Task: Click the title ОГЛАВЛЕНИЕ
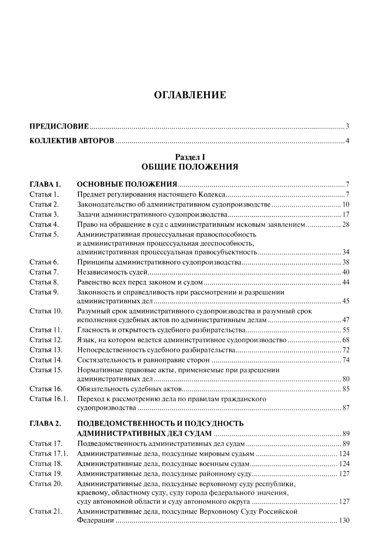[x=190, y=95]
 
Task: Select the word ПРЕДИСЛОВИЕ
[x=59, y=126]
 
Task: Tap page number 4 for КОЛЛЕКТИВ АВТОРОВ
[x=347, y=141]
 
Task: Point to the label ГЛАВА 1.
[x=45, y=185]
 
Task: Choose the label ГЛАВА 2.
[x=45, y=424]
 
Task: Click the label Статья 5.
[x=44, y=234]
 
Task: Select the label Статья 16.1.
[x=49, y=399]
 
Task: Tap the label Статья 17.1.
[x=49, y=454]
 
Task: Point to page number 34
[x=345, y=252]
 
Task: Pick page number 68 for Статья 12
[x=345, y=340]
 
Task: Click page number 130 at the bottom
[x=344, y=521]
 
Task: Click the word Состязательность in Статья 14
[x=103, y=360]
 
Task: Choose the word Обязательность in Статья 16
[x=100, y=389]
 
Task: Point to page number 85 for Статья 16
[x=345, y=389]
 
